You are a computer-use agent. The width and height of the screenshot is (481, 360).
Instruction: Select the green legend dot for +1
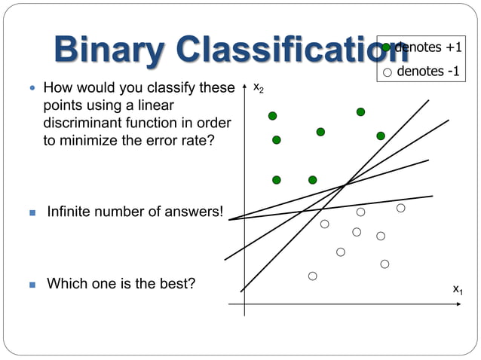387,48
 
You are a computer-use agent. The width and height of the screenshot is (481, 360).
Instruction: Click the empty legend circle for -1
387,72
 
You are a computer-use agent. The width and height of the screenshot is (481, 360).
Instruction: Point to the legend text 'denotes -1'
427,72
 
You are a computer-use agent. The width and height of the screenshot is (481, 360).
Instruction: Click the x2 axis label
258,89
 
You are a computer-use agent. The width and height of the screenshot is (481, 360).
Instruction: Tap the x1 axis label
458,289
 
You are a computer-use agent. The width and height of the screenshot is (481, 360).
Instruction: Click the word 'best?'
177,284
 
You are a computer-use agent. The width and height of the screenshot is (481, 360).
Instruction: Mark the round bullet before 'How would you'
32,88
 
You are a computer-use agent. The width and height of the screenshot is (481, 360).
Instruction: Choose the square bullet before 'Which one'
32,285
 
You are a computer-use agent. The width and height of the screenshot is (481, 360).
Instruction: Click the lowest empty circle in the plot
312,276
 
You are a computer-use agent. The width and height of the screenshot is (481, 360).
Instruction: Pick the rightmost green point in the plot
381,136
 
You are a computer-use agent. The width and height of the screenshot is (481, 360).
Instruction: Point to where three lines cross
345,184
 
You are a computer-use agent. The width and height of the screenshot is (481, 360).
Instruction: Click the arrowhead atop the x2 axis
244,90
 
